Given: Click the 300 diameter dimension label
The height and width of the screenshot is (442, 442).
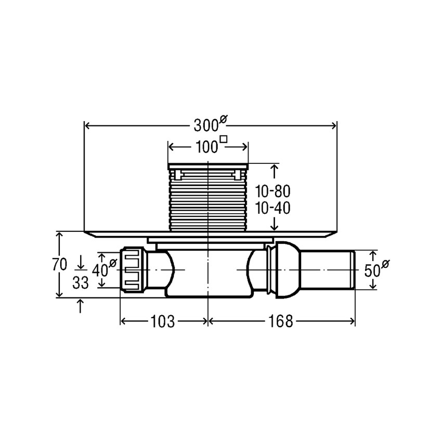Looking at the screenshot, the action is [210, 124].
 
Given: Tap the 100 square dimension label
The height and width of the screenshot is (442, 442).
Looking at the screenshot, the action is [211, 146].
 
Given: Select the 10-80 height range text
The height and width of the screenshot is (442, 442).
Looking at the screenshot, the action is [272, 192].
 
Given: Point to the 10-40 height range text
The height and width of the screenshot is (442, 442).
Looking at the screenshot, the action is [272, 209].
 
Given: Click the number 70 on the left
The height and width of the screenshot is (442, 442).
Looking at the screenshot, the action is [60, 264].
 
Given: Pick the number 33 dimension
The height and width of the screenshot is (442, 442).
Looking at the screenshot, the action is [81, 282].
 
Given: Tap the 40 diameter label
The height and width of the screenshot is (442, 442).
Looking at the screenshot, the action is [104, 269].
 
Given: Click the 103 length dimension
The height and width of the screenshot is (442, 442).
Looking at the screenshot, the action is [163, 321].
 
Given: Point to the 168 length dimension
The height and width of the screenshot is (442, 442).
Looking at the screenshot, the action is [281, 321].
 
